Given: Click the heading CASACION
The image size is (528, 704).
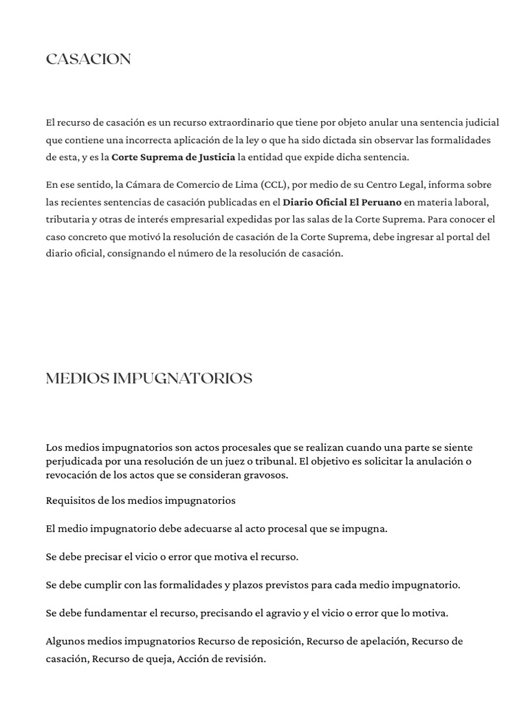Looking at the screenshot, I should click(x=88, y=60).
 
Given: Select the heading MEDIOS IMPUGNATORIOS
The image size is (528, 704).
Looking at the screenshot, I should click(x=148, y=379).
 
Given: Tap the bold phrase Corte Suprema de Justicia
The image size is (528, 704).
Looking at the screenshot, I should click(x=173, y=157).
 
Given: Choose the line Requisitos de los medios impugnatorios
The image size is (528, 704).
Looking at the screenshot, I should click(x=140, y=500).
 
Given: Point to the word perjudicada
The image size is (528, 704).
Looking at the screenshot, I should click(x=74, y=461).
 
